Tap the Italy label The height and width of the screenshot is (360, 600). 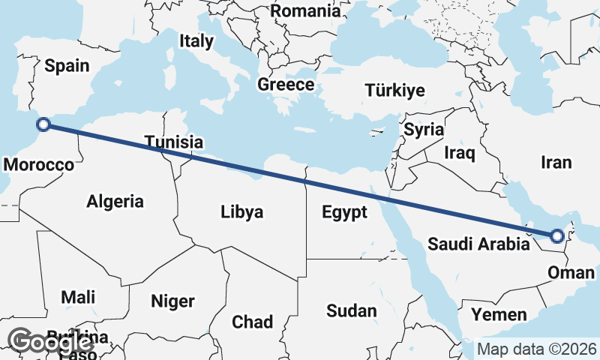click(x=196, y=41)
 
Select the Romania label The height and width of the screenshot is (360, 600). click(x=305, y=11)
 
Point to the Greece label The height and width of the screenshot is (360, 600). click(x=286, y=85)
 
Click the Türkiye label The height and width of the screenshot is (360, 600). click(x=394, y=91)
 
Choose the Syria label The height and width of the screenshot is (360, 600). click(x=424, y=129)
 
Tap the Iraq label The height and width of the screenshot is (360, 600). click(x=460, y=154)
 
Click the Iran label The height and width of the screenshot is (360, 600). click(x=556, y=162)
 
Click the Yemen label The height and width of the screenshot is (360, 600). click(x=499, y=314)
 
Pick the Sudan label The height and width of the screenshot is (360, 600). click(x=352, y=310)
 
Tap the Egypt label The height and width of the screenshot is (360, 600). click(x=345, y=212)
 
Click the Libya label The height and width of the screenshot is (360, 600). click(x=242, y=212)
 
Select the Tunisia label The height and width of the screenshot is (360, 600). click(x=174, y=142)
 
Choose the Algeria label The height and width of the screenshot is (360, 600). click(x=115, y=201)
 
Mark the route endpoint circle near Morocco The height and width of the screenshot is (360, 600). click(x=43, y=125)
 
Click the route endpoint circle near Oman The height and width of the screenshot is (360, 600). click(x=556, y=236)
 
